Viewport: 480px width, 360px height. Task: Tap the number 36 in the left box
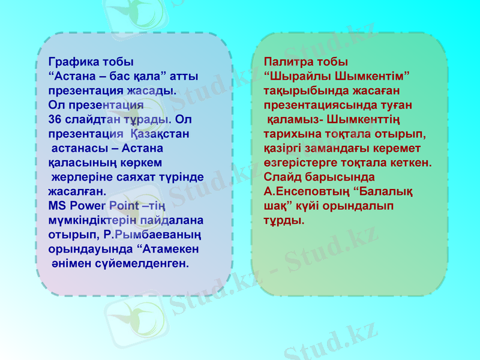[56, 120]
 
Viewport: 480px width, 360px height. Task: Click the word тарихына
[289, 134]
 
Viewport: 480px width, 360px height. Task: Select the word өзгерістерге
[304, 163]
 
